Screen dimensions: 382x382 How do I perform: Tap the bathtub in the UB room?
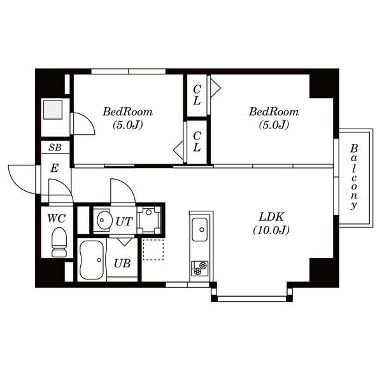click(92, 260)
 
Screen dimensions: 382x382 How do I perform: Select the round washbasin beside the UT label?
click(104, 220)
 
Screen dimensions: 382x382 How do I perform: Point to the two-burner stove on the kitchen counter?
click(200, 268)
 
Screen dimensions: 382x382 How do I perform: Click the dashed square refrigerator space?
click(153, 250)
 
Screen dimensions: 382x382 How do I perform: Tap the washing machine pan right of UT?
click(148, 220)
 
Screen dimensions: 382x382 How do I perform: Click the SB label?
click(55, 148)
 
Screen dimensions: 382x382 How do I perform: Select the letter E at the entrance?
click(54, 168)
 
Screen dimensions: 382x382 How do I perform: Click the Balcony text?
click(354, 177)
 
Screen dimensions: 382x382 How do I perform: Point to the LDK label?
click(271, 217)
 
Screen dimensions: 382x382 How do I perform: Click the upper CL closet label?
click(197, 95)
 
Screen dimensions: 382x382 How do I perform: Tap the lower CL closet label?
click(197, 141)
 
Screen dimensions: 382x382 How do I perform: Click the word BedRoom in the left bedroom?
click(128, 112)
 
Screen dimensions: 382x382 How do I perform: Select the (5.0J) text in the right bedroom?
click(274, 125)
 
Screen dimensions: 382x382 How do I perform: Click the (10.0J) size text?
click(271, 230)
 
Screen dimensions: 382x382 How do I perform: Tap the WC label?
click(56, 218)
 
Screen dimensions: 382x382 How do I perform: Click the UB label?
click(122, 263)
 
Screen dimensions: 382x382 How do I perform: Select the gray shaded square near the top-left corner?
click(53, 110)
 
